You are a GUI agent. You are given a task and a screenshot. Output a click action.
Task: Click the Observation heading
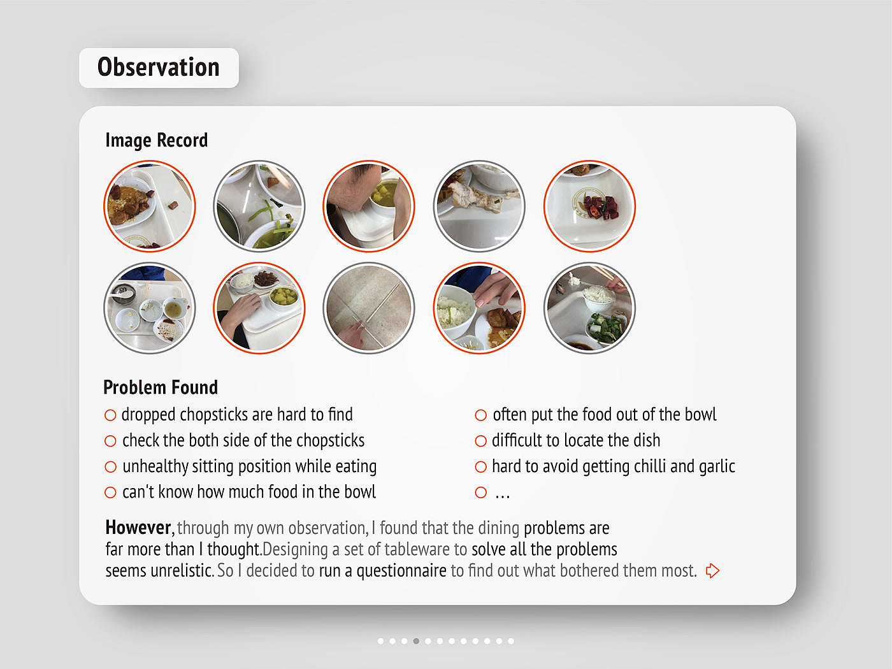point(159,68)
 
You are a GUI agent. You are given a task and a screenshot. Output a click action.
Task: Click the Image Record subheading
point(157,140)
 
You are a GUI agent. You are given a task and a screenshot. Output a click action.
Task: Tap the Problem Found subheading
point(161,387)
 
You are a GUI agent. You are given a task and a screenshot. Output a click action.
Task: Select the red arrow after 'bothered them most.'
point(712,571)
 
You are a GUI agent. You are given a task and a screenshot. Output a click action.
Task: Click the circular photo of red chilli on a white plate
point(589,206)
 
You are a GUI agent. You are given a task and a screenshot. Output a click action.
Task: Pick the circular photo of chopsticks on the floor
point(369,308)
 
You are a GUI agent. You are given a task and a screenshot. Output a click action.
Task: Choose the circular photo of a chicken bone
point(479,206)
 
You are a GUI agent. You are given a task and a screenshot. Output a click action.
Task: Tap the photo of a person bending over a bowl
point(369,206)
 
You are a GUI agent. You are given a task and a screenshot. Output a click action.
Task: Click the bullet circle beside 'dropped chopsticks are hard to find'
point(110,415)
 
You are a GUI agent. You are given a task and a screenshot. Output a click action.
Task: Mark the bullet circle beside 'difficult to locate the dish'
point(481,441)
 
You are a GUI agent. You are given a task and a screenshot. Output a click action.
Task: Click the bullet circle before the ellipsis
point(481,493)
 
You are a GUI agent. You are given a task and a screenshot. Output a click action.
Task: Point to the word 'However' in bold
point(138,528)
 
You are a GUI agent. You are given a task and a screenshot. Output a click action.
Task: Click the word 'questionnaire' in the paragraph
point(401,571)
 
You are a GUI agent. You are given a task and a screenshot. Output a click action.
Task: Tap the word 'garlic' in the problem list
point(717,467)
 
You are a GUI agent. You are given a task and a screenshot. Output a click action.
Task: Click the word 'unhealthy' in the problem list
point(155,467)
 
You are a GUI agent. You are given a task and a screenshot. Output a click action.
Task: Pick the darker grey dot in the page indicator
point(416,641)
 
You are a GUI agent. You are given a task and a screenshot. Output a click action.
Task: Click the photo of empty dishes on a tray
point(150,308)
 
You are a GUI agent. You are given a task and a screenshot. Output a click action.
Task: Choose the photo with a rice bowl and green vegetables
point(589,308)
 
